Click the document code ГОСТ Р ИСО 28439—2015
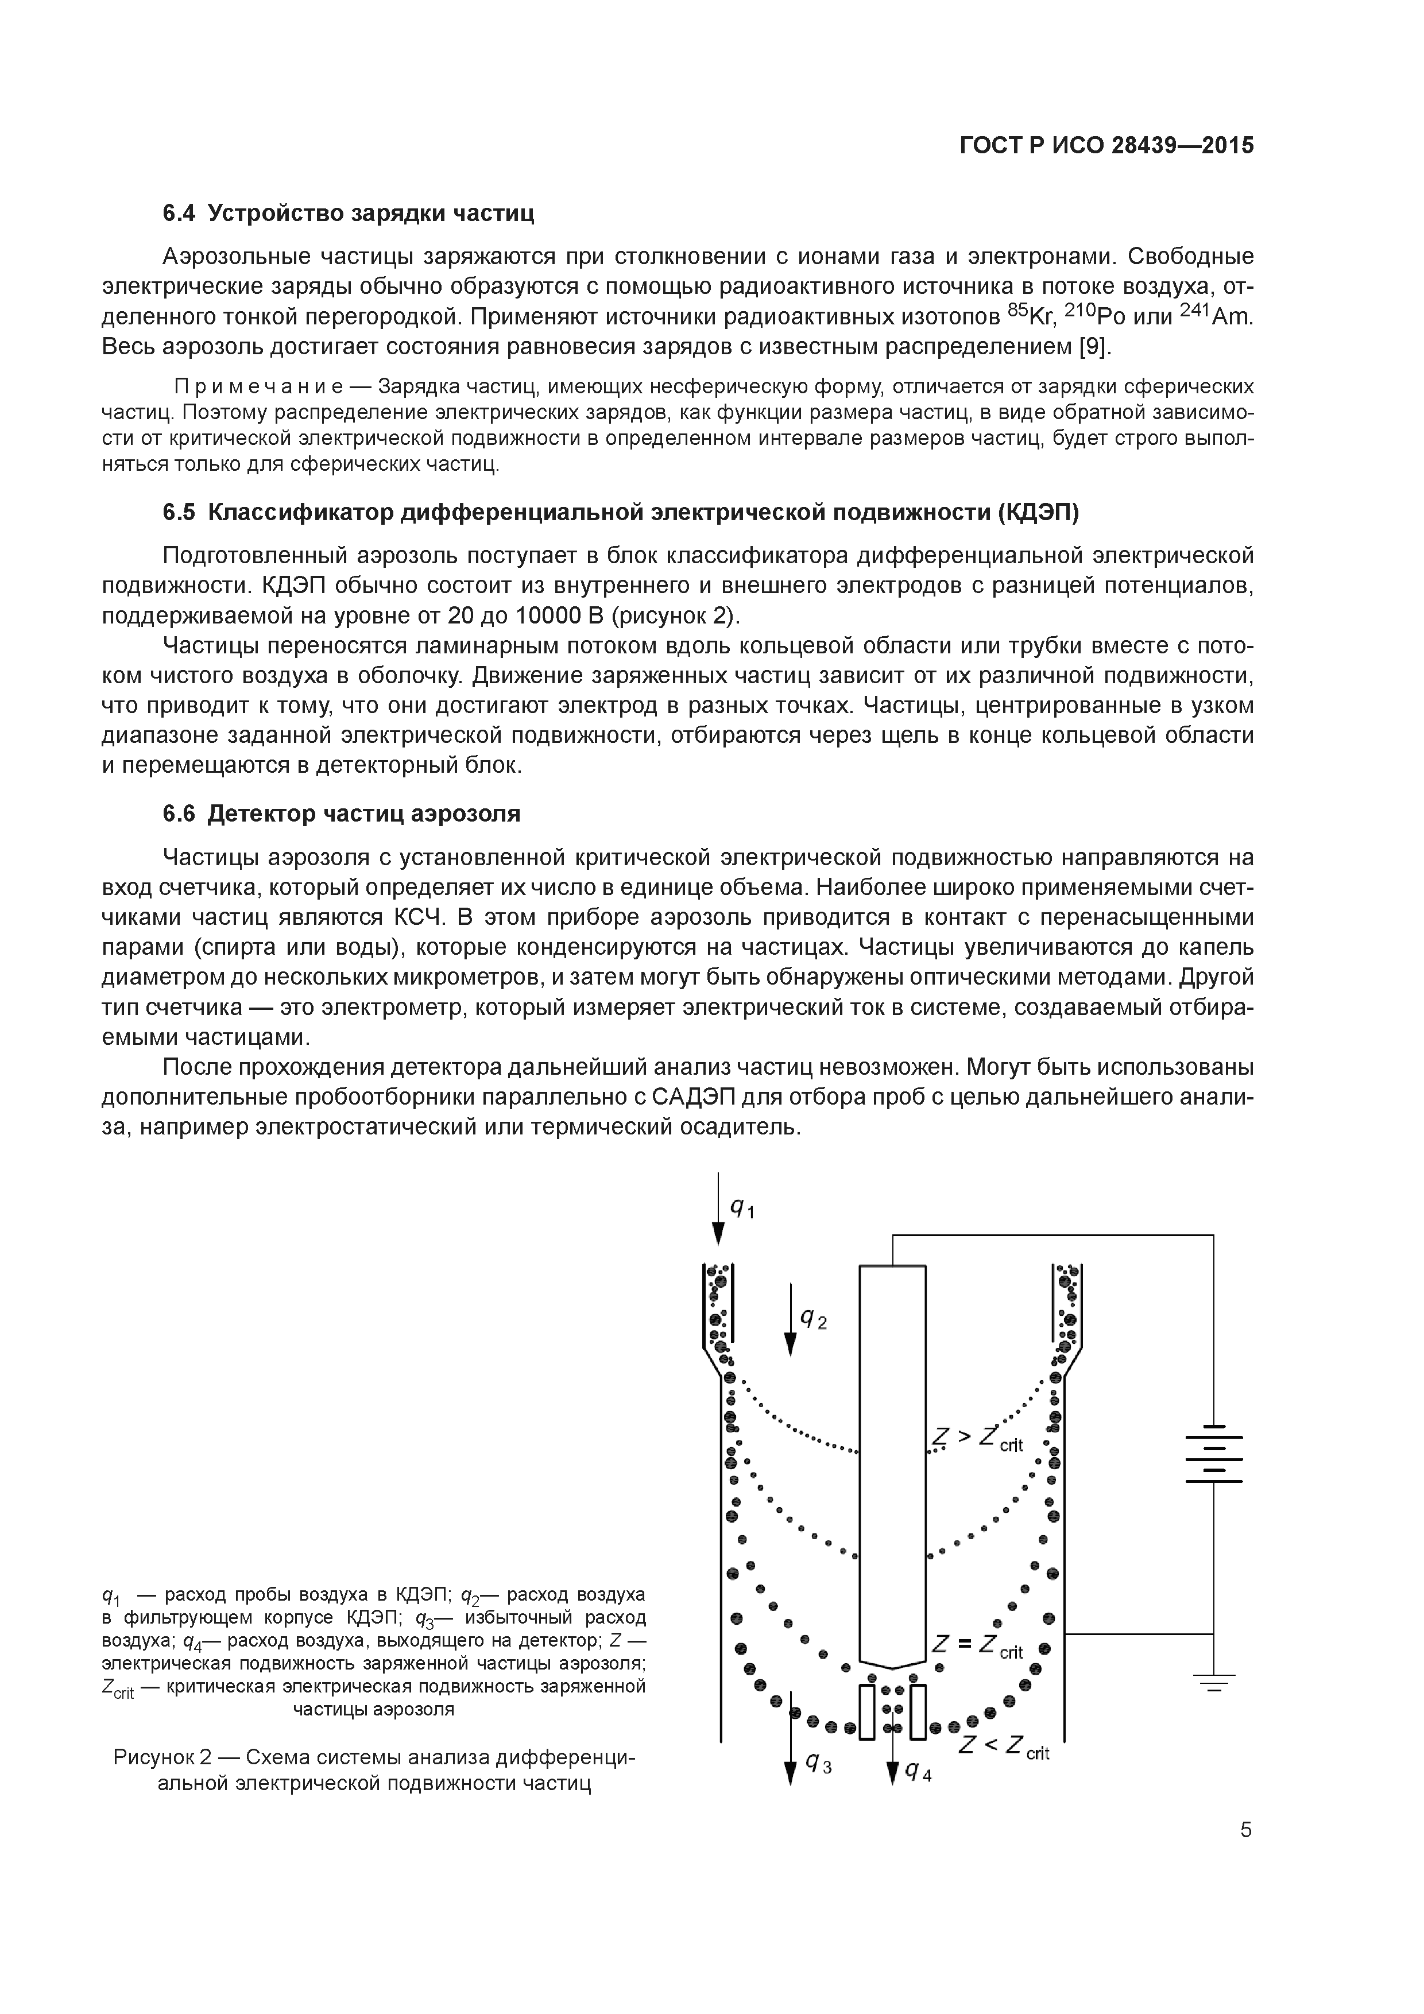(1106, 146)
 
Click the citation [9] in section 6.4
(1094, 347)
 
